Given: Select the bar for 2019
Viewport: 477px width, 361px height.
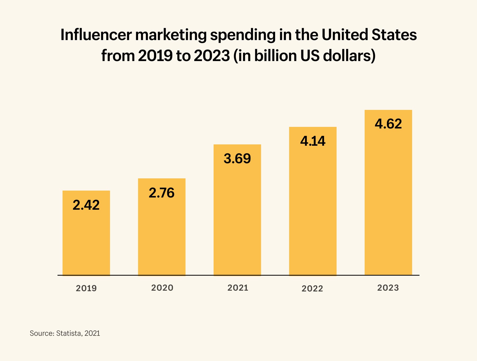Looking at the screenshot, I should point(86,239).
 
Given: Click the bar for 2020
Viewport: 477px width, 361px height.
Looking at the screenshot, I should point(162,234).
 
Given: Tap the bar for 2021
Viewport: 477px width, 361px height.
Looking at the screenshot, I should point(237,218).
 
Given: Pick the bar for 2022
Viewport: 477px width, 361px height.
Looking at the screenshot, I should point(313,210).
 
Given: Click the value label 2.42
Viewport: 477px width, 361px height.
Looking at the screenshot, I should point(86,205).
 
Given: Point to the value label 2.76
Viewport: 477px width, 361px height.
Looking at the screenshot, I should point(162,193).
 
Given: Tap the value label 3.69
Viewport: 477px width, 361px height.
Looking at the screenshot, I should point(237,158).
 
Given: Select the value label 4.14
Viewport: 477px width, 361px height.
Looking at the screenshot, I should point(313,141).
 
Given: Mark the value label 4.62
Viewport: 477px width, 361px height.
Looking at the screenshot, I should point(388,124).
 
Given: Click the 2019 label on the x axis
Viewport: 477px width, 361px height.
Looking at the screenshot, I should point(86,288).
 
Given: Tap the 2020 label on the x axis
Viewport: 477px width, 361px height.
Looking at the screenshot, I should point(162,288).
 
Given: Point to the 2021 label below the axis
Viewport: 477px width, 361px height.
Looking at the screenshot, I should point(238,288).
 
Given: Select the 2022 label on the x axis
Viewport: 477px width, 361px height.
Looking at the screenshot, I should point(312,289).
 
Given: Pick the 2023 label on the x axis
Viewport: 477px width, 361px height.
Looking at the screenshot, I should point(388,288).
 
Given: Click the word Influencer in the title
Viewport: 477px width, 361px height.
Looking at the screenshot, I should point(96,35).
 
